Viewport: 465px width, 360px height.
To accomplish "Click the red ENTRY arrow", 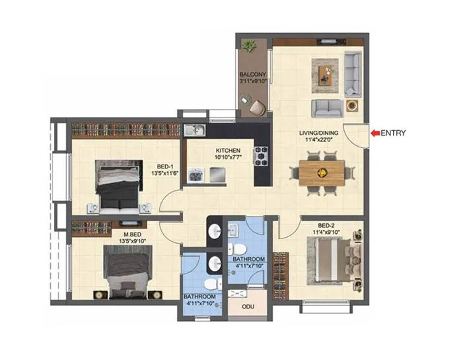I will [375, 133].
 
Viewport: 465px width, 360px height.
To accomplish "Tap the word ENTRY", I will [393, 133].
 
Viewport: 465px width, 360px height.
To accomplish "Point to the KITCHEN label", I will [227, 151].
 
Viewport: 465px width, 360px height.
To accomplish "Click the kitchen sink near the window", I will [194, 129].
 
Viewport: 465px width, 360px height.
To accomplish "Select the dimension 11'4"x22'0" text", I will [318, 139].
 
